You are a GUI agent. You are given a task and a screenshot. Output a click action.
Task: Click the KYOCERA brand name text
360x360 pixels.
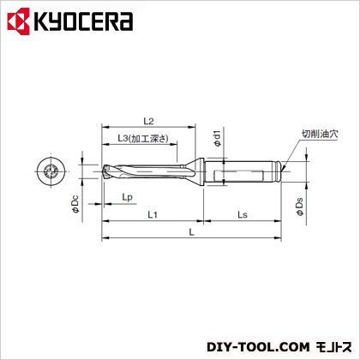(x=83, y=21)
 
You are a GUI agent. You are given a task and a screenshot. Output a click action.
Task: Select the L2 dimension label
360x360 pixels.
(x=148, y=121)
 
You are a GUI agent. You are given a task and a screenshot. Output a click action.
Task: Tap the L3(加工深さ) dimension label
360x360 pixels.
(x=143, y=139)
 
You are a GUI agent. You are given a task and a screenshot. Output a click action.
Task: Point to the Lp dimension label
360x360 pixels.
(x=128, y=197)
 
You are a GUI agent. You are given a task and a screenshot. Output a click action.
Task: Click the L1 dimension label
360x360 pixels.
(x=153, y=214)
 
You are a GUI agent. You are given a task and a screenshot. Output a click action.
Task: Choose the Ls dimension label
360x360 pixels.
(x=243, y=214)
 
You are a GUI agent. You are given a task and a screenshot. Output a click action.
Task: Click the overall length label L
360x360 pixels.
(x=192, y=232)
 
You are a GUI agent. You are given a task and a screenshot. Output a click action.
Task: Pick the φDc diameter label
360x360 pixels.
(x=75, y=204)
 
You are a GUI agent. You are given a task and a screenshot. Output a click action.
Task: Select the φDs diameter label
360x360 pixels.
(x=300, y=207)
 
